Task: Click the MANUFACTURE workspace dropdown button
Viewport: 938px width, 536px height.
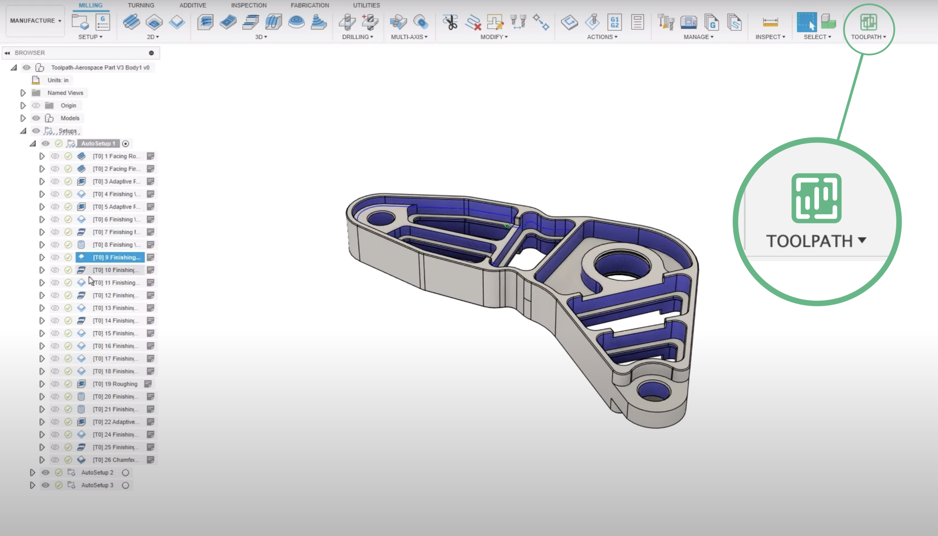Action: coord(35,21)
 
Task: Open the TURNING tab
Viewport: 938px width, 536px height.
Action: coord(141,5)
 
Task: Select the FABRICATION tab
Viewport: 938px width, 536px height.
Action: coord(310,5)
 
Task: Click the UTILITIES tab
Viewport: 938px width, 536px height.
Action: coord(366,5)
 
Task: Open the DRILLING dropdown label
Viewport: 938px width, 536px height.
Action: coord(357,37)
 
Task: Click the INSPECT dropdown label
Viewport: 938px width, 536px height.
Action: coord(770,37)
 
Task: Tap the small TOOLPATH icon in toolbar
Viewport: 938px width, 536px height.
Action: coord(868,23)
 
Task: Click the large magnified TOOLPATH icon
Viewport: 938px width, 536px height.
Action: coord(816,198)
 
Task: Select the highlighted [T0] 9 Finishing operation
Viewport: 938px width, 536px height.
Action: coord(116,257)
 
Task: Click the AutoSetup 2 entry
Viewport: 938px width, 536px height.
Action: coord(97,472)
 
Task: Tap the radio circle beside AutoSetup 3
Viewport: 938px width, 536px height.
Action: coord(126,485)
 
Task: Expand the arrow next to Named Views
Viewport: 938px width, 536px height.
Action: coord(23,93)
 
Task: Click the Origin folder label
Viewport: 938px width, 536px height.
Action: coord(68,105)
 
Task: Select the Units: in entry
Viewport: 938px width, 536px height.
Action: coord(58,80)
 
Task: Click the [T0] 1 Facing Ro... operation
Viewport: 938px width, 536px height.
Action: coord(116,156)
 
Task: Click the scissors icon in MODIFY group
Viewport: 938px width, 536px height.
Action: coord(450,22)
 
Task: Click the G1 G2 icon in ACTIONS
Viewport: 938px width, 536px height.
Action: coord(615,22)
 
